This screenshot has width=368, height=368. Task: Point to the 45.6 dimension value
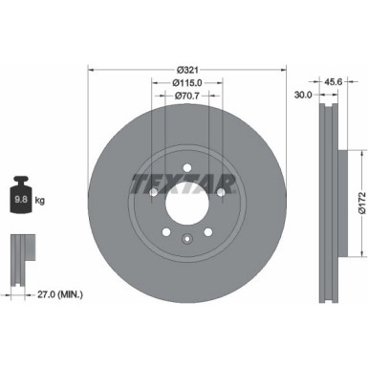click(x=335, y=81)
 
